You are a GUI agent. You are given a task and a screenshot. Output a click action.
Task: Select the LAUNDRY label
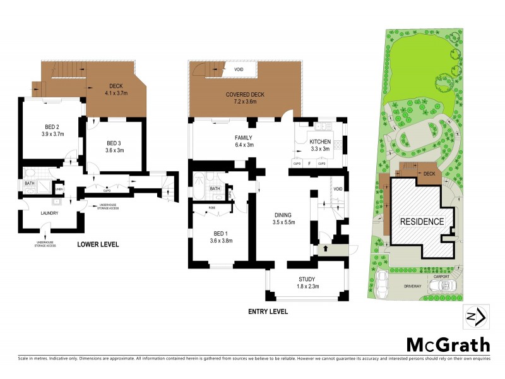[x=49, y=213]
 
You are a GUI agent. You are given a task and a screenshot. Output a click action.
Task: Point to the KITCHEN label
[x=321, y=142]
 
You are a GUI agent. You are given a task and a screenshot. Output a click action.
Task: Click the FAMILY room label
[x=226, y=137]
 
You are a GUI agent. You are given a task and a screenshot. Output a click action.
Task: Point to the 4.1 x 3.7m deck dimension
[x=117, y=92]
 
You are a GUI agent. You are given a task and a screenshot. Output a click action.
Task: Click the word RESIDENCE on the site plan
[x=422, y=222]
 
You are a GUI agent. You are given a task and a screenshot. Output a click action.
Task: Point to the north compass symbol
[x=475, y=316]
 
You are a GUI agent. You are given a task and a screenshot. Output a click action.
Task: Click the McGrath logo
[x=447, y=344]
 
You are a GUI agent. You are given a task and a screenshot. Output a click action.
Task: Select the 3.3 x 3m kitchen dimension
[x=321, y=149]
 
